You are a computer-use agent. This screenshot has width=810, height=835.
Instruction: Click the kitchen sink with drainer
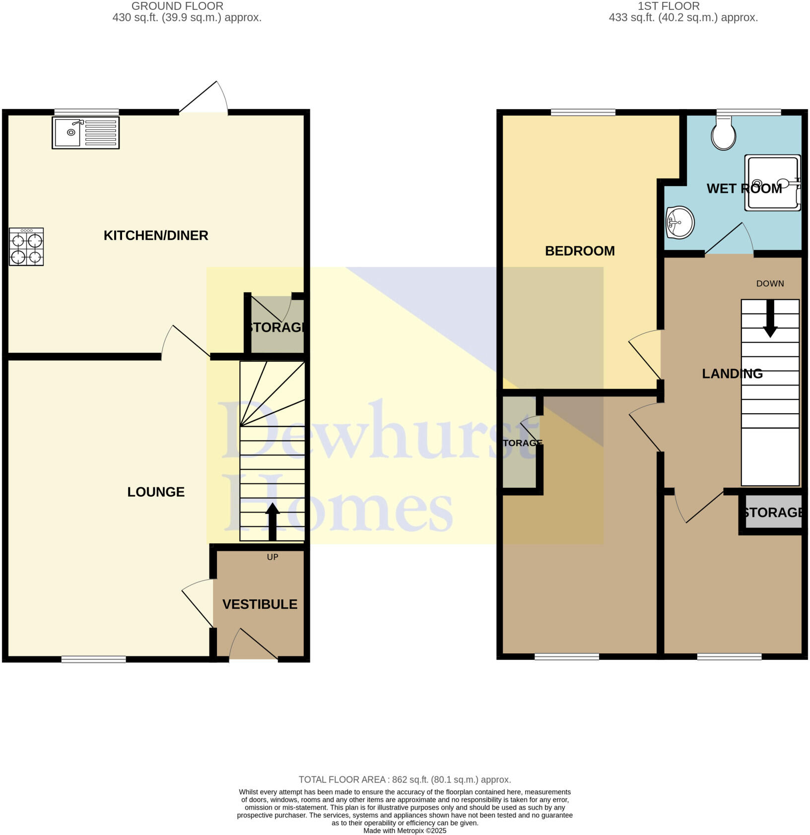click(85, 132)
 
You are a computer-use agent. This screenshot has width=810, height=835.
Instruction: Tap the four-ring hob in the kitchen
click(26, 247)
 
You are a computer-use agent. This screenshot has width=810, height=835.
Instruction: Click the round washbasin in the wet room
click(680, 222)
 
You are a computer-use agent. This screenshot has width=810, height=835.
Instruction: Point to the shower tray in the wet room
click(773, 183)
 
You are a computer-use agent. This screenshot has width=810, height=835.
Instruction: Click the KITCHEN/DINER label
click(156, 235)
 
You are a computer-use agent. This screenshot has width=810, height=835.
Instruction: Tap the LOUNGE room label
click(156, 492)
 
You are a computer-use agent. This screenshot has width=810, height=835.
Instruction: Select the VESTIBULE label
click(260, 604)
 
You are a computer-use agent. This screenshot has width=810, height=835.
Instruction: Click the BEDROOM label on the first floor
click(580, 251)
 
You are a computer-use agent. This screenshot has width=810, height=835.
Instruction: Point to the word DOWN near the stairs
click(770, 284)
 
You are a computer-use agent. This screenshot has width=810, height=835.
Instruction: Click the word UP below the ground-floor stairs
click(272, 557)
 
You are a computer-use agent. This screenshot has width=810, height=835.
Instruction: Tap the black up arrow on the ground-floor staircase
click(272, 521)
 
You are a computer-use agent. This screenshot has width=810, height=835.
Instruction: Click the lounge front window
click(93, 659)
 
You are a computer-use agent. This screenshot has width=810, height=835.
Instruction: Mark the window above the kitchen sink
click(86, 112)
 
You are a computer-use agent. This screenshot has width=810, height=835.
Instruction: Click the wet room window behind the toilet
click(749, 112)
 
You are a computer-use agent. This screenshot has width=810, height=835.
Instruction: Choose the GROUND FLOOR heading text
click(177, 6)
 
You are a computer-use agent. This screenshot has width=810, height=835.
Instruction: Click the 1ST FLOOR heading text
click(669, 6)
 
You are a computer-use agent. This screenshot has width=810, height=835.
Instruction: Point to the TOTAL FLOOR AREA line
click(405, 779)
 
